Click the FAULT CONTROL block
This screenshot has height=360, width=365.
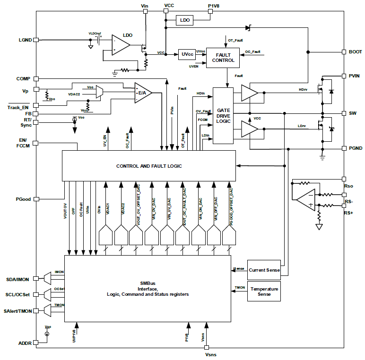click(x=223, y=57)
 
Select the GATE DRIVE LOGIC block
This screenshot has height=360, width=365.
click(x=223, y=116)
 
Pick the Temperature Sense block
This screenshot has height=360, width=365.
click(x=264, y=291)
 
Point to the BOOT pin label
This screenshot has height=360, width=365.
click(x=355, y=52)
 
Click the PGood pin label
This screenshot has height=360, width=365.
click(x=23, y=199)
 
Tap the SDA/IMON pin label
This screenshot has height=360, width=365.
click(x=17, y=280)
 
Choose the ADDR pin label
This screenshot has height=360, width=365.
click(x=25, y=343)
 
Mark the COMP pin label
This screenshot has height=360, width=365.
click(x=23, y=79)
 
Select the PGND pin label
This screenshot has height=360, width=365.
click(x=356, y=148)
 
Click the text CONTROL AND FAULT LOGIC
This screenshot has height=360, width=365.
click(x=149, y=166)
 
